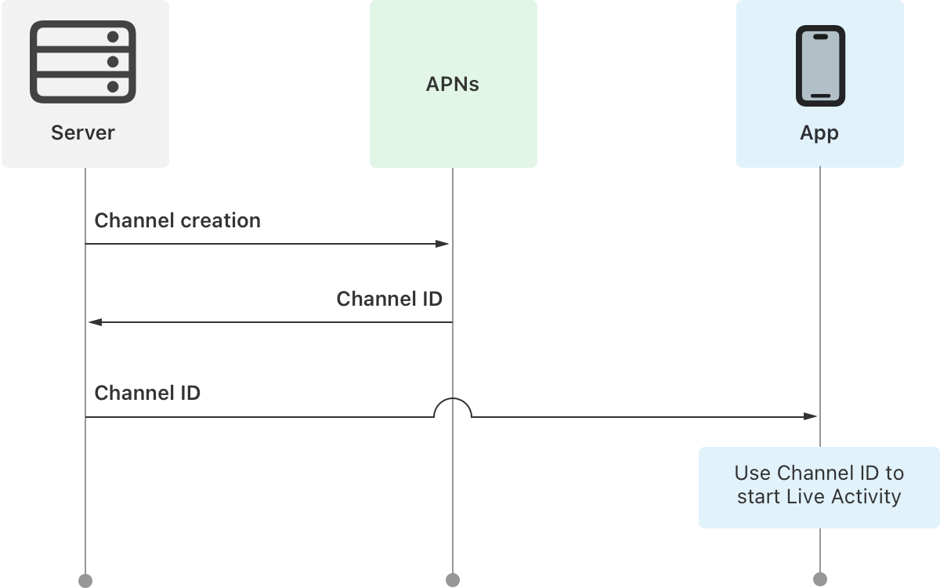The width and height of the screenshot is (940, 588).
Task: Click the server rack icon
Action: [x=83, y=62]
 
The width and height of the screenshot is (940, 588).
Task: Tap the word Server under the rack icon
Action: [x=83, y=132]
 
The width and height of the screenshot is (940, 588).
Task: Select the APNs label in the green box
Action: [x=452, y=84]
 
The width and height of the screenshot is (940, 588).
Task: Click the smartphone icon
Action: [x=820, y=66]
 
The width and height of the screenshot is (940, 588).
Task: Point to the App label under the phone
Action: [x=819, y=132]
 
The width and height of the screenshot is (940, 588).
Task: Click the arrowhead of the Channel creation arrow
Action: [x=443, y=244]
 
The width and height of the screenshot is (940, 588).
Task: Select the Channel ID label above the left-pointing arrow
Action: [x=389, y=299]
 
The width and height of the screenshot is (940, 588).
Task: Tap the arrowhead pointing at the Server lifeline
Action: [x=94, y=322]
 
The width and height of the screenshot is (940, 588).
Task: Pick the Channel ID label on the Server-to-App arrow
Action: [x=147, y=393]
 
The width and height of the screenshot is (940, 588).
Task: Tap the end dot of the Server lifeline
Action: [x=85, y=580]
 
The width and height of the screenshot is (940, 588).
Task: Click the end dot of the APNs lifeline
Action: [x=453, y=580]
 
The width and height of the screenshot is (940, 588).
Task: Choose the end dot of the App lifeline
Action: [x=820, y=580]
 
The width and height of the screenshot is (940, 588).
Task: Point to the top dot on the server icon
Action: [x=112, y=37]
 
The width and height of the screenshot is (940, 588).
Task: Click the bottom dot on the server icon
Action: [x=112, y=86]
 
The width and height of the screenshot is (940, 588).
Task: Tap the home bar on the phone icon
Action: [x=820, y=96]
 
